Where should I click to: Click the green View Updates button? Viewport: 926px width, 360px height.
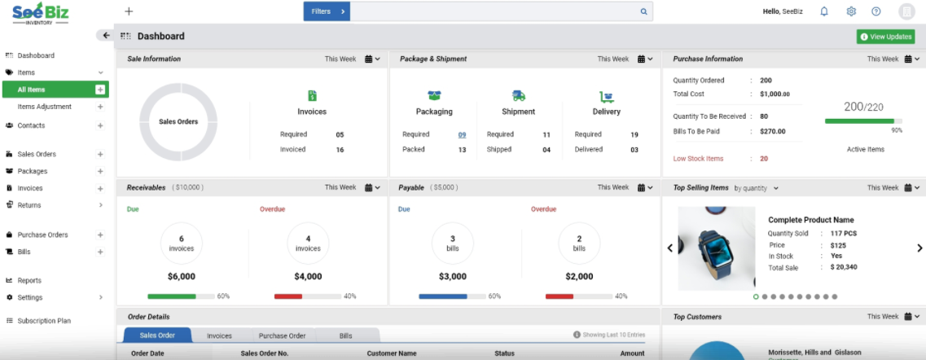pyautogui.click(x=885, y=37)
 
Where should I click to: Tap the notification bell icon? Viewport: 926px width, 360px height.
pyautogui.click(x=824, y=11)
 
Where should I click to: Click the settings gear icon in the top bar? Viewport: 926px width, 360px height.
pyautogui.click(x=851, y=11)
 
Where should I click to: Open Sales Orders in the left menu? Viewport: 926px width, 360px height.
pyautogui.click(x=37, y=154)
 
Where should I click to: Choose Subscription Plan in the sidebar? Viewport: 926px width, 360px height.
pyautogui.click(x=44, y=321)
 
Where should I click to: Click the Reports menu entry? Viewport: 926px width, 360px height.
pyautogui.click(x=29, y=280)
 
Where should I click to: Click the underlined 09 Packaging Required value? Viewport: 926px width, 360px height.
pyautogui.click(x=462, y=134)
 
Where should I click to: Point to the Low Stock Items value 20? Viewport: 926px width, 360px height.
pyautogui.click(x=764, y=159)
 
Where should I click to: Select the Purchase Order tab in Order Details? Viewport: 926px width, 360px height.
pyautogui.click(x=282, y=336)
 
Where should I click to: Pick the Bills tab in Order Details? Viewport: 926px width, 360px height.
pyautogui.click(x=345, y=336)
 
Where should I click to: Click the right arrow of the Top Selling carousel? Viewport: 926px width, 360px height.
pyautogui.click(x=919, y=248)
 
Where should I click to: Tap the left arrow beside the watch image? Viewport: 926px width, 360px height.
pyautogui.click(x=670, y=248)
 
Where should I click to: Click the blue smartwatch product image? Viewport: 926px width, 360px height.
pyautogui.click(x=717, y=248)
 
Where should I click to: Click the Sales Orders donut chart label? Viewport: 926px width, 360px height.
pyautogui.click(x=178, y=121)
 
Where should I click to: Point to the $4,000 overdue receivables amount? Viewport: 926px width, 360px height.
pyautogui.click(x=308, y=276)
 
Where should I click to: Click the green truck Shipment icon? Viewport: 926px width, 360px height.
pyautogui.click(x=519, y=96)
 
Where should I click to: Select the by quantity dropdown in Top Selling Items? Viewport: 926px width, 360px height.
pyautogui.click(x=756, y=188)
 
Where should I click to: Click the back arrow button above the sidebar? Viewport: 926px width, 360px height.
pyautogui.click(x=105, y=36)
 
